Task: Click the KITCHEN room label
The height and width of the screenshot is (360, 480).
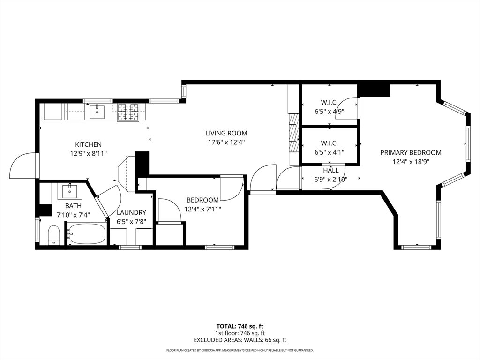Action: click(88, 144)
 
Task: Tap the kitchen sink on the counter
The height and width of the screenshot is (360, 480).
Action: click(97, 112)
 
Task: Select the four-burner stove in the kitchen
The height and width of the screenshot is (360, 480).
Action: click(128, 112)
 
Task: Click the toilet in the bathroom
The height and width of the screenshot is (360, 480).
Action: click(54, 235)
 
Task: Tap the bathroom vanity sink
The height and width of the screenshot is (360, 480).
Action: click(70, 192)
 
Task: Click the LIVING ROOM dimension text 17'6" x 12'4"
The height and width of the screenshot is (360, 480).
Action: click(227, 142)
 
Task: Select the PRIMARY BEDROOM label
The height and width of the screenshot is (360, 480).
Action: click(411, 152)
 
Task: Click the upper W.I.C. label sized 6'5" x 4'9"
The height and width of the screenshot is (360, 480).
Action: click(329, 102)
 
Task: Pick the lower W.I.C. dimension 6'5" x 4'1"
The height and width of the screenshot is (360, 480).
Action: click(329, 152)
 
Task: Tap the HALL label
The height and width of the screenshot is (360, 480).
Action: click(330, 171)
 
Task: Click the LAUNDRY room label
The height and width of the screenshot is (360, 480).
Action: click(131, 212)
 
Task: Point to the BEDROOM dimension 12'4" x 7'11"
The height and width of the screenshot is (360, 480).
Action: click(202, 209)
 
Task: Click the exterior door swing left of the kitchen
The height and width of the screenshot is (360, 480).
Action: click(22, 166)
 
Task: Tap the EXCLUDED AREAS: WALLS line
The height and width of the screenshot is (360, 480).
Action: click(240, 340)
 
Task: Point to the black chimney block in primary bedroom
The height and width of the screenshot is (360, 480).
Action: click(374, 89)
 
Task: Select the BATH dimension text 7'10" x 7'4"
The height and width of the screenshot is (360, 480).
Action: click(73, 215)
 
